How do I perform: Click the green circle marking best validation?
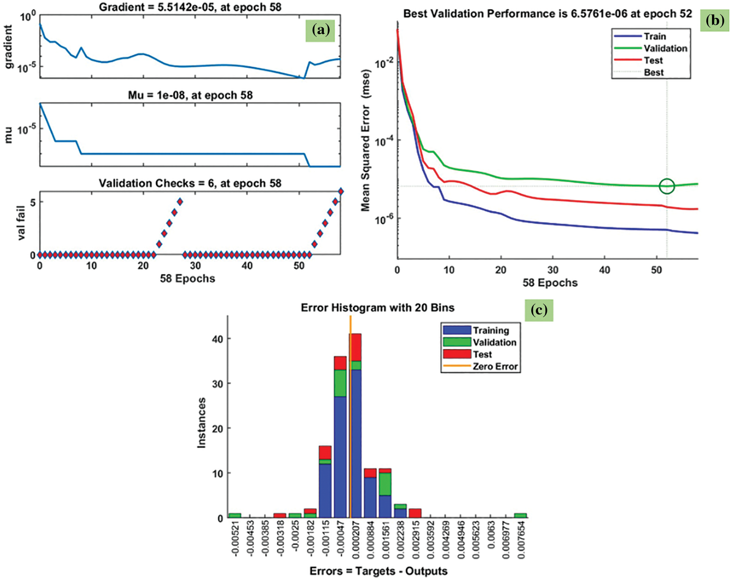click(x=667, y=186)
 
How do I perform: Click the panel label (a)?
click(x=321, y=30)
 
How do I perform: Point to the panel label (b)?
click(x=715, y=20)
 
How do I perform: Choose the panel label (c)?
click(x=539, y=310)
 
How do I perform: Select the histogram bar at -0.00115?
click(x=325, y=482)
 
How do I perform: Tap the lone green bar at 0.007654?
click(x=520, y=516)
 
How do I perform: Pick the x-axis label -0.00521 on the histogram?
click(x=236, y=539)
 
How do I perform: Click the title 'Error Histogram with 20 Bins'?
click(x=377, y=308)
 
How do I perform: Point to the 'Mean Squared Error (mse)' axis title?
click(x=365, y=141)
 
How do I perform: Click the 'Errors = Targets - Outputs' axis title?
click(x=378, y=571)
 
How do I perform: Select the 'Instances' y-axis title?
click(x=202, y=423)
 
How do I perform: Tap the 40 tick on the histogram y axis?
click(x=217, y=339)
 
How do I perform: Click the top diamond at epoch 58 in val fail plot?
click(x=341, y=191)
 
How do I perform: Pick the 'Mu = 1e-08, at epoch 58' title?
click(x=190, y=95)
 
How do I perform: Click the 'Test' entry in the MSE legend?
click(x=653, y=60)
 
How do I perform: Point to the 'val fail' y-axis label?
click(x=21, y=223)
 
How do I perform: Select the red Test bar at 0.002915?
click(x=415, y=513)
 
